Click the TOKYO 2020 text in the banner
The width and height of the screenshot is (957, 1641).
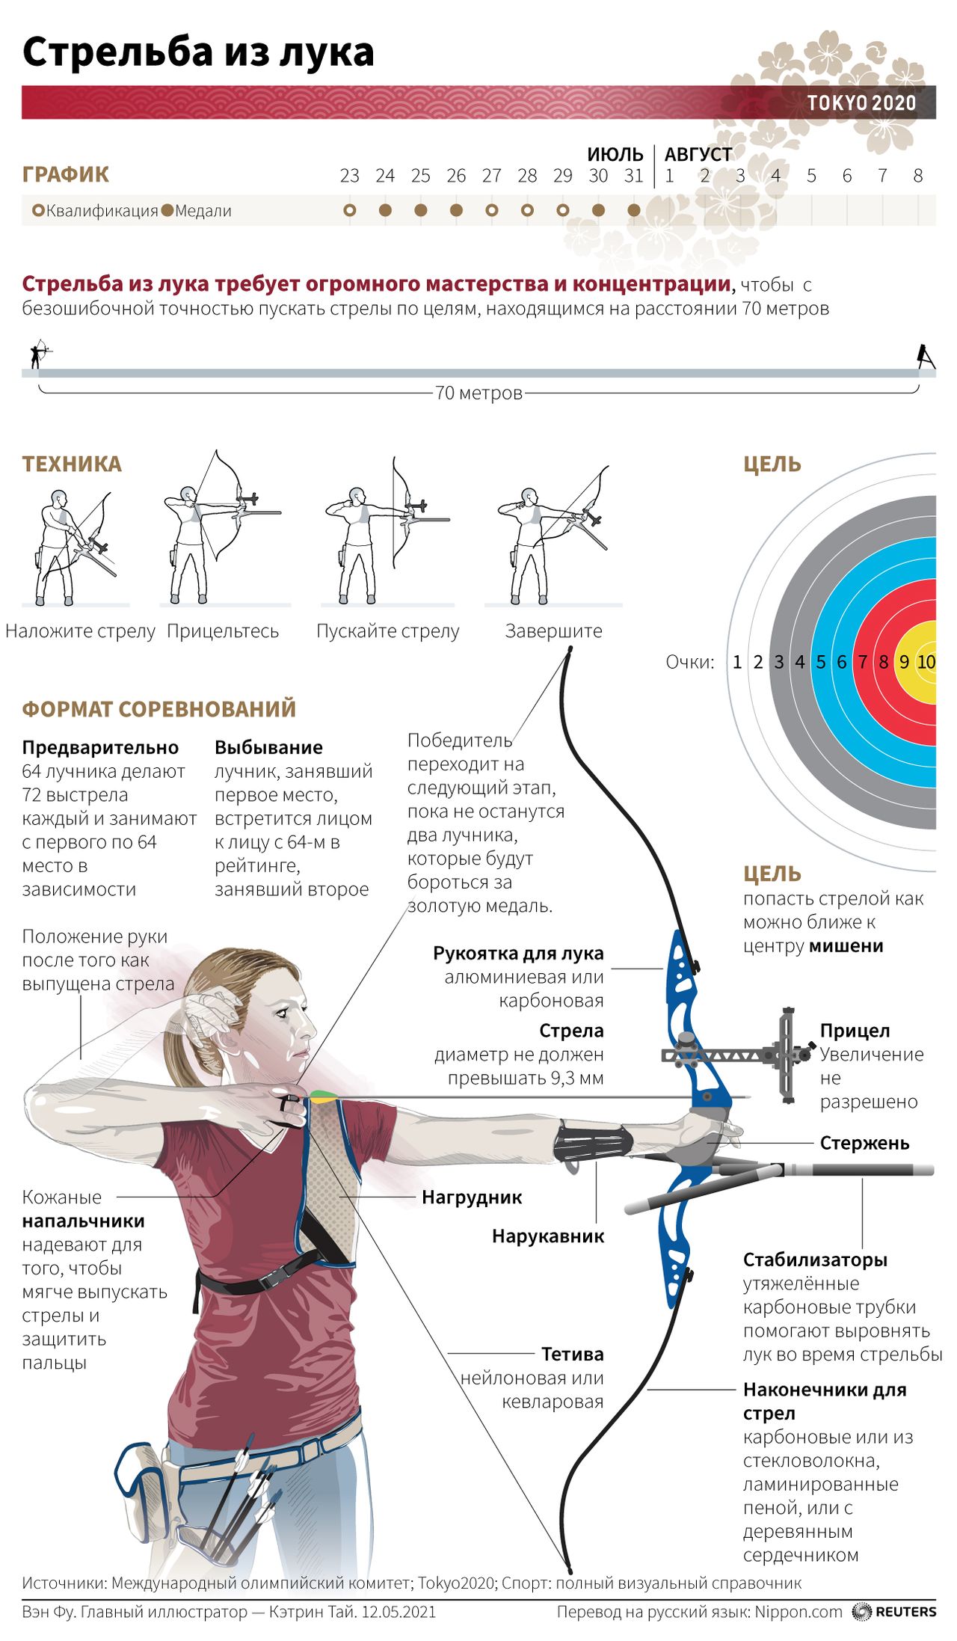click(x=861, y=102)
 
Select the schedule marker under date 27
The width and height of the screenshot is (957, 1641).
click(x=491, y=210)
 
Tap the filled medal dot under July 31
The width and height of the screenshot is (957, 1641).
click(x=634, y=210)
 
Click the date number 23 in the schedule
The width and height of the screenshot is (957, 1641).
click(x=349, y=176)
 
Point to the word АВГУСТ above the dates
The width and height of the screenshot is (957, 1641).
click(x=698, y=154)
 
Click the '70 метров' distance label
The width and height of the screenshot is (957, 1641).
click(x=478, y=393)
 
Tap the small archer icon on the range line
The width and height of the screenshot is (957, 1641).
click(x=38, y=355)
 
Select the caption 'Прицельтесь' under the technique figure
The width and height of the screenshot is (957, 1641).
click(x=223, y=631)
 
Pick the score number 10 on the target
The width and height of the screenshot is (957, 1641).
click(x=926, y=662)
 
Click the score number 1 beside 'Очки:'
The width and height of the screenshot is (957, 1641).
click(x=737, y=662)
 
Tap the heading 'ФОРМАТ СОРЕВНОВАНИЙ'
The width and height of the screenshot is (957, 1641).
click(x=159, y=708)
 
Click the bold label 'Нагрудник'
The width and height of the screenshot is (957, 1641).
click(x=472, y=1197)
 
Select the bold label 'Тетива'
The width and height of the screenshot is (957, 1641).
click(x=572, y=1354)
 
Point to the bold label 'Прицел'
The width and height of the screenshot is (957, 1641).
click(x=855, y=1031)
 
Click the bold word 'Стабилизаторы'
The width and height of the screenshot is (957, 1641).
click(x=815, y=1260)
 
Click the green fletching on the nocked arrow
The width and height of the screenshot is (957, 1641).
click(x=319, y=1096)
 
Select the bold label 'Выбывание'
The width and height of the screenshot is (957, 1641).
click(x=268, y=747)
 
